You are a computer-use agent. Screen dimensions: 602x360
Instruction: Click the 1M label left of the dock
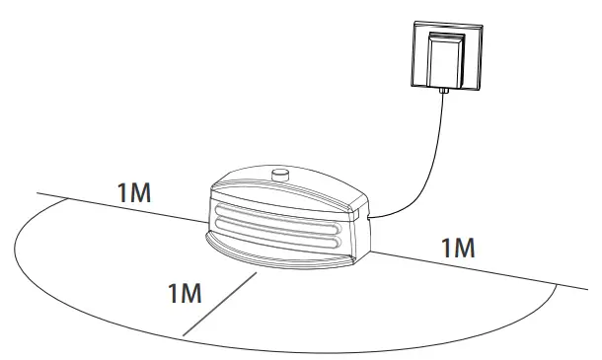coord(134,192)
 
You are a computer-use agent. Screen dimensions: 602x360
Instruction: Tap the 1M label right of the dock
coord(458,247)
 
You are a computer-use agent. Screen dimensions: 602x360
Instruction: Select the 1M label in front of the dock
coord(186,293)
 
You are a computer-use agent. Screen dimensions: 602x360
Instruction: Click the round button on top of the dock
coord(278,176)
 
